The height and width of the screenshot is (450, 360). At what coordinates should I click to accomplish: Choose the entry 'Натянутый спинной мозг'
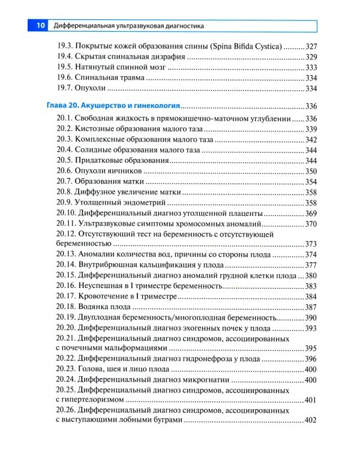click(x=124, y=67)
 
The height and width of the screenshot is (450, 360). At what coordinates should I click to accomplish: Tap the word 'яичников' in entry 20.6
click(x=130, y=171)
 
